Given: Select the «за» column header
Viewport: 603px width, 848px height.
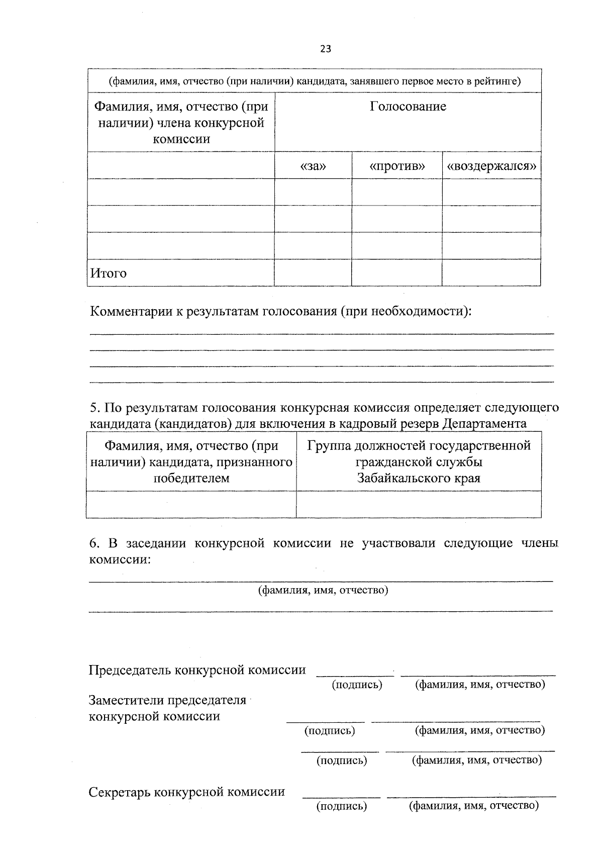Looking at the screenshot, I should coord(313,166).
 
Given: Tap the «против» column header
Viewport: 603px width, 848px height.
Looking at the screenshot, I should coord(397,166).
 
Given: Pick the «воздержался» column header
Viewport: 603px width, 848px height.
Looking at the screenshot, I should coord(491,166).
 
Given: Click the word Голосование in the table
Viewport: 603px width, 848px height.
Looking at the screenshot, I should coord(408,107).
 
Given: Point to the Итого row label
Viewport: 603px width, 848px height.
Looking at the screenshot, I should coord(109,273).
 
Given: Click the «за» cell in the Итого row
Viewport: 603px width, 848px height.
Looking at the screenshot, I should coord(313,273).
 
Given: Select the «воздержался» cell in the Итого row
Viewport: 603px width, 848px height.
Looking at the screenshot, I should coord(491,273).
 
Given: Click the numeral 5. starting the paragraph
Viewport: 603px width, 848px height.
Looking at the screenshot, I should coord(93,407).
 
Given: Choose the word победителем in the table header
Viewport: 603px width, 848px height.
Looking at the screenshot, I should coord(191,478).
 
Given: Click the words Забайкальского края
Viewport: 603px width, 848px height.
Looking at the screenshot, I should coord(419,478).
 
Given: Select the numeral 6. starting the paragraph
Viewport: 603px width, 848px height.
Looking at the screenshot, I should coord(93,543).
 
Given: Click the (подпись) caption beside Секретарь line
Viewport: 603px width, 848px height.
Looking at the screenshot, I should coord(342,806).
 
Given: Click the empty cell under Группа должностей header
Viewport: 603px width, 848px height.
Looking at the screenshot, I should coord(419,504).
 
